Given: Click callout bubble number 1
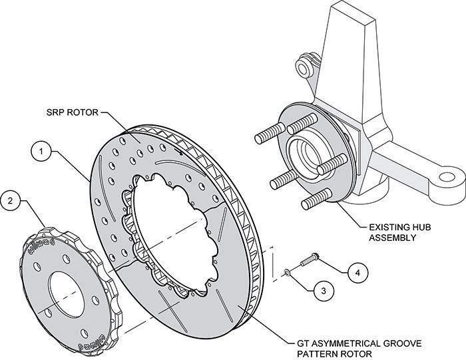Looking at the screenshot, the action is tap(41, 151).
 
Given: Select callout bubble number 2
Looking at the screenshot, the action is tap(11, 201).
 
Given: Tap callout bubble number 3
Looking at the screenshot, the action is tap(324, 290).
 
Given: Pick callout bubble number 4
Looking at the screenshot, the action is tap(358, 272).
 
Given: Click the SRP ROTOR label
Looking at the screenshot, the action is tap(72, 112).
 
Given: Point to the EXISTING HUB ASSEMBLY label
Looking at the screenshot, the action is tap(399, 233).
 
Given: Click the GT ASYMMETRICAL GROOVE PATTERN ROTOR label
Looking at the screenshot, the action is tap(359, 349).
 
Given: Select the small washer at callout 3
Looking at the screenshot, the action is tap(287, 271).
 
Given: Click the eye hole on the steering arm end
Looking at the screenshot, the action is tap(447, 178).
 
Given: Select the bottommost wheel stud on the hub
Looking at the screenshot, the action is tap(316, 199).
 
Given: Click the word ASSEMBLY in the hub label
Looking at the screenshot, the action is tap(393, 238).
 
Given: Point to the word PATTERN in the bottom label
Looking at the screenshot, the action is tap(318, 354).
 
